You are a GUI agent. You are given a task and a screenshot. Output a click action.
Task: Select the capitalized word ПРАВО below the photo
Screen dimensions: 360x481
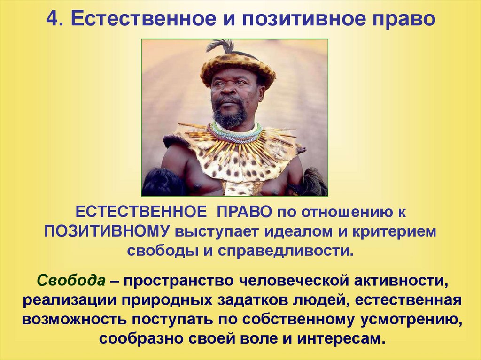(244, 212)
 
